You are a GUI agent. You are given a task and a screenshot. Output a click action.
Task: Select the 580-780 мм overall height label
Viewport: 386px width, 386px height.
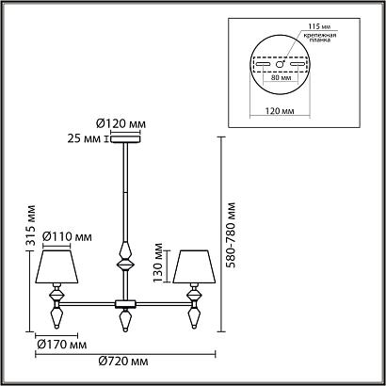231,233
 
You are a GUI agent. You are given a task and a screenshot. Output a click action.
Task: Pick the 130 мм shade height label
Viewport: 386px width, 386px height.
161,269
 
